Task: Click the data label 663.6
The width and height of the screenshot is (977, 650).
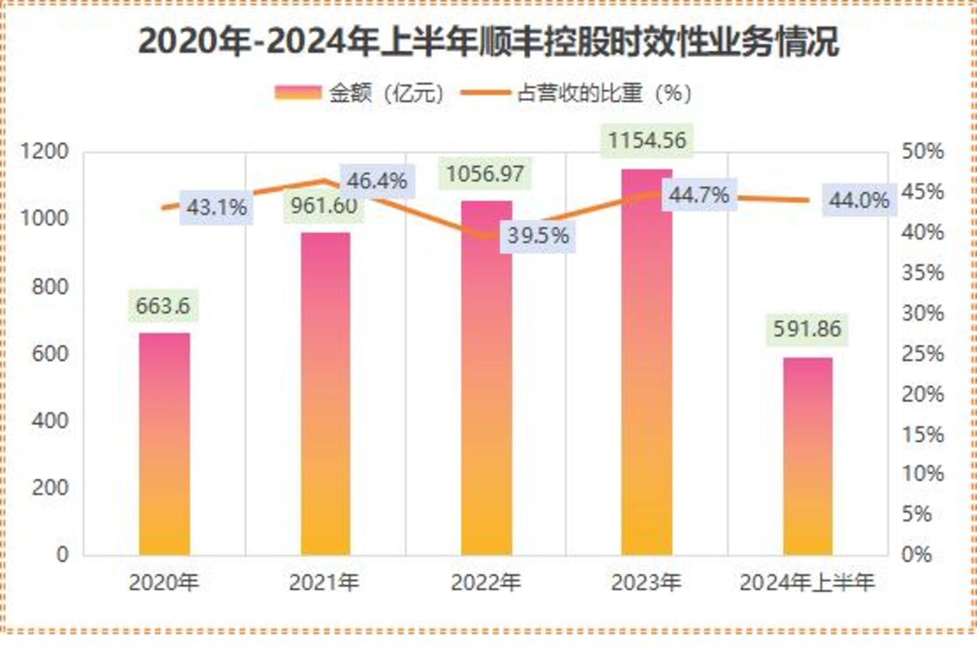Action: (x=163, y=306)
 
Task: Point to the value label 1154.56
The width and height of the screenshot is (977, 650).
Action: (x=646, y=141)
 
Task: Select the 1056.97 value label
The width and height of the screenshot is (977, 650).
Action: (x=485, y=175)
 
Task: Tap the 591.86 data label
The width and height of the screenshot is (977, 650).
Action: (x=807, y=329)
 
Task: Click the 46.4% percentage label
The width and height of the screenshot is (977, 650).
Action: (x=377, y=181)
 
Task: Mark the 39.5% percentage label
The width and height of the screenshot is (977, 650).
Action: (x=538, y=236)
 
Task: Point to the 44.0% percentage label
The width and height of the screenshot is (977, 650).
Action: (x=859, y=200)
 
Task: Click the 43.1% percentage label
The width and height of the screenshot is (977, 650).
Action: (x=217, y=207)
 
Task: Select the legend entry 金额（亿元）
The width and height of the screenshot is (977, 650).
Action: (x=360, y=93)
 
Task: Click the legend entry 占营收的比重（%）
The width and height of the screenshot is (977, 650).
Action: (x=577, y=93)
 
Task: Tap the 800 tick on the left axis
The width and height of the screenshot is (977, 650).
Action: (x=50, y=286)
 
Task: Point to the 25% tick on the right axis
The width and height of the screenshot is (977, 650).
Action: (x=922, y=353)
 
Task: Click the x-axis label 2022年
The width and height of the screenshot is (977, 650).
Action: (x=485, y=583)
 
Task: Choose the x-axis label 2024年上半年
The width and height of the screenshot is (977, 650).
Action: (x=807, y=583)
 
